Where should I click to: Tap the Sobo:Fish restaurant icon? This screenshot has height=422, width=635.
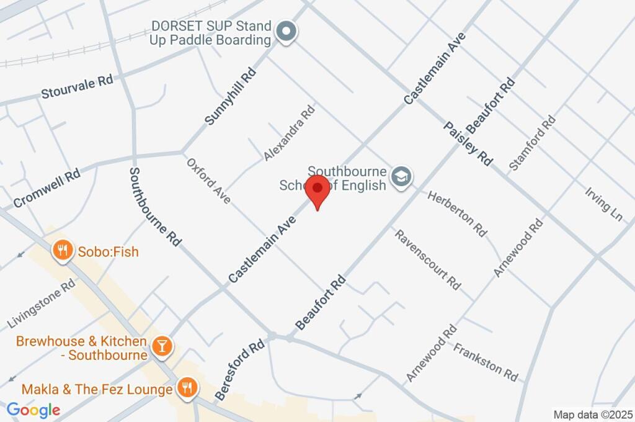click(x=61, y=251)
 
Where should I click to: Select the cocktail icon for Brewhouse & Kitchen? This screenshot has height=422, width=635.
click(x=162, y=346)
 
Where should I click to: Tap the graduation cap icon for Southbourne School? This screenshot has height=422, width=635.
click(x=403, y=177)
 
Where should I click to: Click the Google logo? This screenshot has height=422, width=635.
click(x=33, y=410)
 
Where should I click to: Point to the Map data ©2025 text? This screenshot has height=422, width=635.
click(x=592, y=415)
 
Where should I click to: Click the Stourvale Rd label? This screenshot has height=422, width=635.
click(x=77, y=88)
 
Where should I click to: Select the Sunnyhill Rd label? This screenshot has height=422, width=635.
click(x=230, y=97)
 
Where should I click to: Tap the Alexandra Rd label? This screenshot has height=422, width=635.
click(x=289, y=133)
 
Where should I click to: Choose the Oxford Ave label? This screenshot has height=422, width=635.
click(x=209, y=180)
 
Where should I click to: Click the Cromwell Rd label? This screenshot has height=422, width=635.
click(x=47, y=188)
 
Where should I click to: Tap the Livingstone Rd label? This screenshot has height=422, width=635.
click(x=42, y=303)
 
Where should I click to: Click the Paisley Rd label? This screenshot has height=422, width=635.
click(x=468, y=143)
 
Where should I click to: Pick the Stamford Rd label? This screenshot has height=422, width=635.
click(x=531, y=143)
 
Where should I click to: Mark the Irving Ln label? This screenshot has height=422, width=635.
click(x=603, y=203)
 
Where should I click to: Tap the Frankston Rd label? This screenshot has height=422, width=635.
click(x=486, y=362)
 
